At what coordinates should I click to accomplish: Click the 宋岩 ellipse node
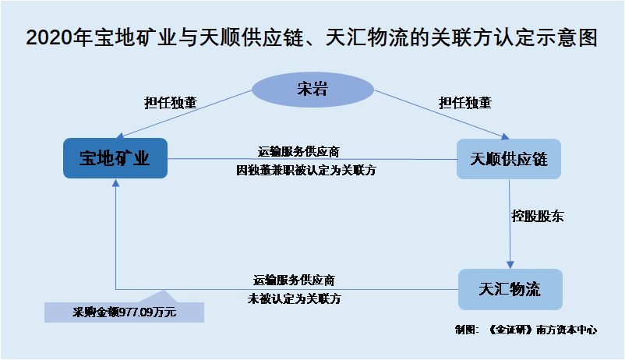point(312,90)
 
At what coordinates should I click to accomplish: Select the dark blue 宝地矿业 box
point(115,158)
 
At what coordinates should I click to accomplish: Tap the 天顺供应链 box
point(509,159)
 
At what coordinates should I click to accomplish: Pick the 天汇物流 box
point(509,290)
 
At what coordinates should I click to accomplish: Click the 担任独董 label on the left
point(171,101)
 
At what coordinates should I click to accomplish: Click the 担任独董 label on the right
point(464,101)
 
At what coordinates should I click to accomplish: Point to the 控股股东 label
point(537,217)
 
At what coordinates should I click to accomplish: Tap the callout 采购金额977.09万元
point(125,313)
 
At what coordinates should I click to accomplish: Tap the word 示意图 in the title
point(570,37)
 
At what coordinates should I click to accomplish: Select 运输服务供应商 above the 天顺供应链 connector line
point(298,150)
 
